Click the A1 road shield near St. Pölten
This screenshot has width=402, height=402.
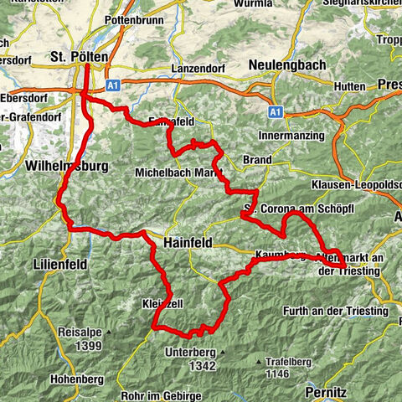[x=113, y=84]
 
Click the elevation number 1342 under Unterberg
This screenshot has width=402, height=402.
[x=202, y=366]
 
